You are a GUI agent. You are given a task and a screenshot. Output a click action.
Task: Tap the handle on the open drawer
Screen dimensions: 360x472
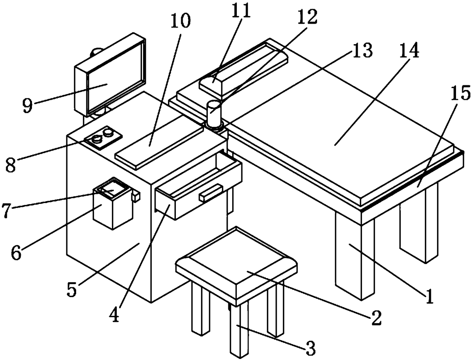coord(211,192)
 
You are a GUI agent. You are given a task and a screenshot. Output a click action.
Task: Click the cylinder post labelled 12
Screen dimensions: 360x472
coord(214,112)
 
